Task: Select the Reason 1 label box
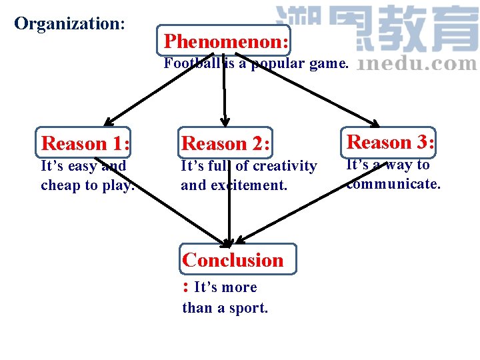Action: point(85,143)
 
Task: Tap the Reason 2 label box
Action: point(225,143)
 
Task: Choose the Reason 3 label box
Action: point(390,142)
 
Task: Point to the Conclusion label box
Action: point(237,259)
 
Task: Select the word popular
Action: point(280,64)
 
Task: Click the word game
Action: point(329,64)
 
